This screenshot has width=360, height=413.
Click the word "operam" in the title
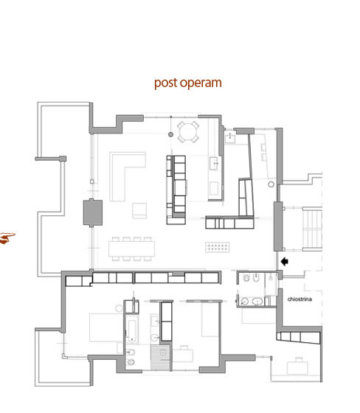pyautogui.click(x=201, y=83)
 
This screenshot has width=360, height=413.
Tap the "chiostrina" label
pyautogui.click(x=300, y=299)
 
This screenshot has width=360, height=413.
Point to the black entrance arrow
pyautogui.click(x=284, y=262)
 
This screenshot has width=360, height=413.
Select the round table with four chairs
pyautogui.click(x=187, y=132)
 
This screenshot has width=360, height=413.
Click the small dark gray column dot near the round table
pyautogui.click(x=170, y=134)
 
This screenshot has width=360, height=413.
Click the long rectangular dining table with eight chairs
pyautogui.click(x=131, y=249)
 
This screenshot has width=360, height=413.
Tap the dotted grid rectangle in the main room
pyautogui.click(x=218, y=247)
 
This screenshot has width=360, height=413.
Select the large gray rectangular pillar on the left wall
pyautogui.click(x=93, y=212)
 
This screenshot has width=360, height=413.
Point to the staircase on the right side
pyautogui.click(x=312, y=229)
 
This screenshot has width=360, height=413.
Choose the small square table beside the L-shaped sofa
pyautogui.click(x=139, y=210)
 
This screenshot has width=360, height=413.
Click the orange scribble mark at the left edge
pyautogui.click(x=7, y=238)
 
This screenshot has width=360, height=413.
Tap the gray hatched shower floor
pyautogui.click(x=160, y=357)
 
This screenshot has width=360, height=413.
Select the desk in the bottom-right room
pyautogui.click(x=297, y=367)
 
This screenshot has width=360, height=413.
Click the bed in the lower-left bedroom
pyautogui.click(x=106, y=327)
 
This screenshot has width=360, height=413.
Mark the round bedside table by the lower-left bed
pyautogui.click(x=119, y=308)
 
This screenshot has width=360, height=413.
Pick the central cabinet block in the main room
pyautogui.click(x=176, y=190)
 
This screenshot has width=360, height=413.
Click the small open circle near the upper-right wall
pyautogui.click(x=271, y=184)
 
